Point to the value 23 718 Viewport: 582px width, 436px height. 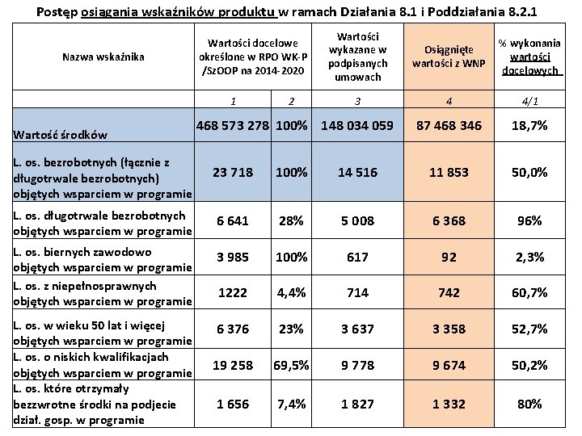232,172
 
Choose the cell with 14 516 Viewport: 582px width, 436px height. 356,172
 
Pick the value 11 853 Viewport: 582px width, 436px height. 448,172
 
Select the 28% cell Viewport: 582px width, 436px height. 291,220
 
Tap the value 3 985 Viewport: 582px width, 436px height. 232,257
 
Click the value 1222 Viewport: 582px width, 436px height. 232,292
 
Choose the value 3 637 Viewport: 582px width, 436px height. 356,329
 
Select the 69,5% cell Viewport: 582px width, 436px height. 291,365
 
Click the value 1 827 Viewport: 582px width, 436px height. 356,404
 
